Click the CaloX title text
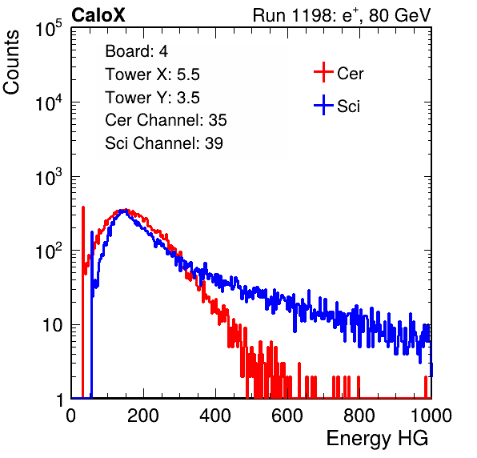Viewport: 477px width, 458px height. [x=98, y=15]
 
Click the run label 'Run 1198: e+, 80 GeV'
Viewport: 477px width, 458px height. [x=342, y=15]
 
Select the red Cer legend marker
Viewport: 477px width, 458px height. [x=323, y=72]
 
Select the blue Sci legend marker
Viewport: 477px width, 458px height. [x=323, y=105]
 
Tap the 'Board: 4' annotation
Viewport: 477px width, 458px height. [x=136, y=51]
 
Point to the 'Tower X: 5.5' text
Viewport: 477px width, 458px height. [x=152, y=74]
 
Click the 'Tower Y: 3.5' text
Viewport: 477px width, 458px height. [x=152, y=98]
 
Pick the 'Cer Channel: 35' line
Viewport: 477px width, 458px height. [x=166, y=120]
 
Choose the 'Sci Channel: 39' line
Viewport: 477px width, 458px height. [x=164, y=143]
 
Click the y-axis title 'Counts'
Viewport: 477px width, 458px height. [x=11, y=62]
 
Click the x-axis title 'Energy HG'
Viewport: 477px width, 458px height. [x=377, y=439]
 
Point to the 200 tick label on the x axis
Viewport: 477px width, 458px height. [x=143, y=416]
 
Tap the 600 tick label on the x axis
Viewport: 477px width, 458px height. [x=287, y=416]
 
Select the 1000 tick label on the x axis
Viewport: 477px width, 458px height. [x=431, y=416]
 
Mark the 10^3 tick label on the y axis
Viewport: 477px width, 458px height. [x=48, y=177]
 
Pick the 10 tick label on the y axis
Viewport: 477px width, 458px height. [x=52, y=325]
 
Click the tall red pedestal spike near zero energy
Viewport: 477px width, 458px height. [x=82, y=302]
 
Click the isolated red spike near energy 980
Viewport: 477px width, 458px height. [x=426, y=387]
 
